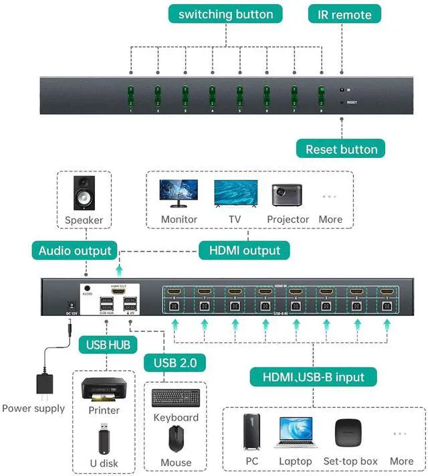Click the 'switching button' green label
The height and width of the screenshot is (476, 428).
[x=226, y=14]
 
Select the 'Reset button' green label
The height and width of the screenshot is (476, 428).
[x=342, y=149]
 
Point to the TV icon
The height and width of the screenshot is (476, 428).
[x=235, y=193]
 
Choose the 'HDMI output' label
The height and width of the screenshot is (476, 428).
[x=244, y=250]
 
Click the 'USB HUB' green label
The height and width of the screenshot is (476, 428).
[x=107, y=345]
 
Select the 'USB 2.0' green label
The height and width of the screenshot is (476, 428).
[x=175, y=363]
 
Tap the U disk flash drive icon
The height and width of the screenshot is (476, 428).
[x=104, y=438]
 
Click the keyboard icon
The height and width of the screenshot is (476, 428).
[x=175, y=398]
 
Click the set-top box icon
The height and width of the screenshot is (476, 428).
[x=350, y=432]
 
